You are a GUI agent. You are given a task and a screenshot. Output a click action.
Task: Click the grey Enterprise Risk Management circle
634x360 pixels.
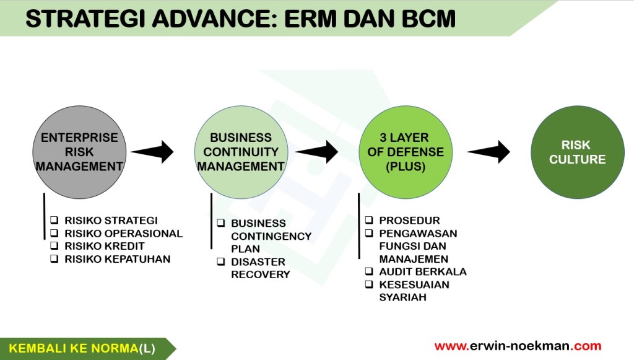click(79, 152)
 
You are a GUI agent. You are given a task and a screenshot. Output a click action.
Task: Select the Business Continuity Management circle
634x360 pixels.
click(241, 152)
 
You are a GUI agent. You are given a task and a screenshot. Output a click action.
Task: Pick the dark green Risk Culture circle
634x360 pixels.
click(578, 152)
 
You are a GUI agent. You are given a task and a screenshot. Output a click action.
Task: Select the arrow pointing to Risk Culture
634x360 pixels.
click(489, 152)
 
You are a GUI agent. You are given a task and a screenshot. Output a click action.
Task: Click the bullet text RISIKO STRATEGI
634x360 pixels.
click(111, 221)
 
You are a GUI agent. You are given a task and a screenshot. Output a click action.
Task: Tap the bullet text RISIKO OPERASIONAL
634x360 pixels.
click(123, 234)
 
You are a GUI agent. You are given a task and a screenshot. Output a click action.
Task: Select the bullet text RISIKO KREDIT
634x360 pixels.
click(104, 247)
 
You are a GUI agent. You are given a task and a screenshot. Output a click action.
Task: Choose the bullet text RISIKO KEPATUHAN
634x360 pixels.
click(117, 259)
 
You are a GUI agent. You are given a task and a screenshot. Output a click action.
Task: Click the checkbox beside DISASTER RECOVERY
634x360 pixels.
click(220, 262)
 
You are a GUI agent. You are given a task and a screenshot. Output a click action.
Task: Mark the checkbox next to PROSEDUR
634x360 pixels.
click(368, 221)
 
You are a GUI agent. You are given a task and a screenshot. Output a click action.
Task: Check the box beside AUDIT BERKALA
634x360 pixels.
click(368, 272)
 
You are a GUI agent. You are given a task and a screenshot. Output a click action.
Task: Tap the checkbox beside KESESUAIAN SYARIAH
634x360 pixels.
click(368, 285)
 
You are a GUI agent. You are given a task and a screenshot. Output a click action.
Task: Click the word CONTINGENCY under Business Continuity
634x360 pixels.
click(271, 236)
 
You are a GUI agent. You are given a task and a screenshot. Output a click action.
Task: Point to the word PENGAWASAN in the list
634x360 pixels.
click(418, 234)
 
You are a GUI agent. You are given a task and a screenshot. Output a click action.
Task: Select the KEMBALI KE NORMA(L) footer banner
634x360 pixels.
click(84, 349)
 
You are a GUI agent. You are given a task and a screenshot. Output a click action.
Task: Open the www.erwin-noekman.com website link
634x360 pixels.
click(518, 346)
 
